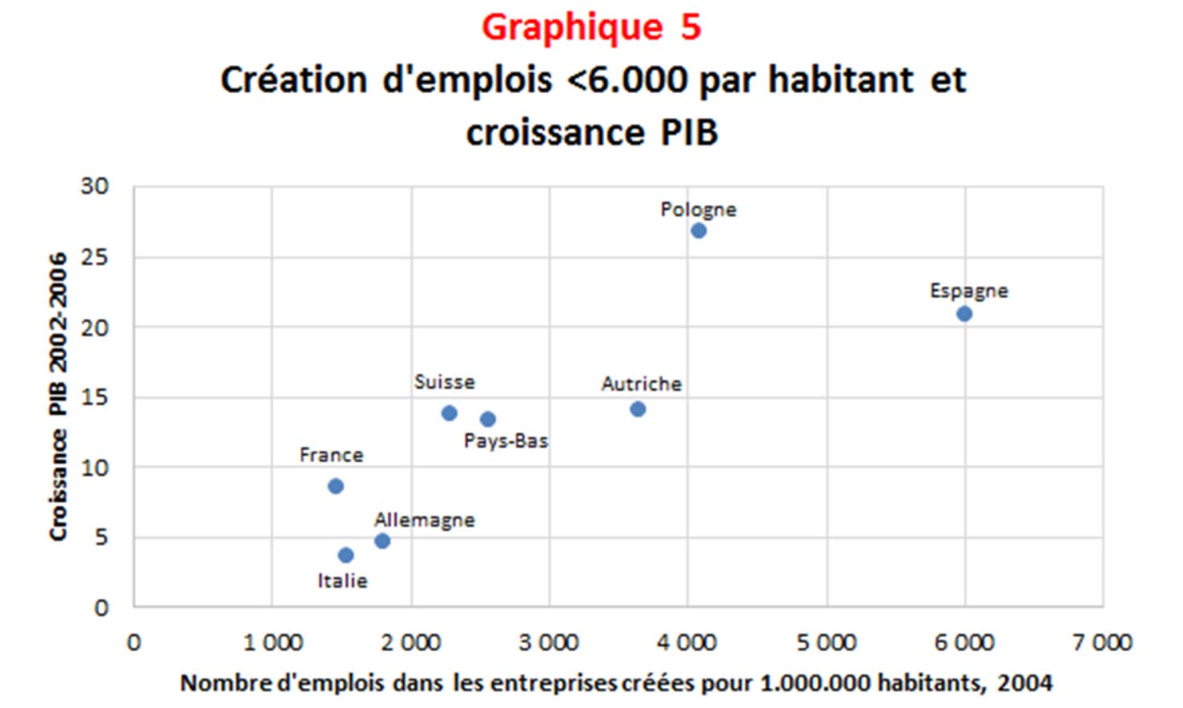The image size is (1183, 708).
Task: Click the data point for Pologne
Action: click(698, 231)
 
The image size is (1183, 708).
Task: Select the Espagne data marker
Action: click(964, 314)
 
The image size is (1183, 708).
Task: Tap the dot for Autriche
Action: click(637, 409)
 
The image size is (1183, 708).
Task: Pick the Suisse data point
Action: click(449, 413)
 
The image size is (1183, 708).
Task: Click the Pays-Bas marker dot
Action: click(487, 419)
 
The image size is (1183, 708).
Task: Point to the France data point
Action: click(335, 486)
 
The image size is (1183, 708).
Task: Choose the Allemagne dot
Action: click(382, 541)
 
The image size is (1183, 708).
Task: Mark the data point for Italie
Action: click(346, 555)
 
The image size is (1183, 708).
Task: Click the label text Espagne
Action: click(969, 291)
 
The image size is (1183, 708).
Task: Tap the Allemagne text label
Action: click(425, 520)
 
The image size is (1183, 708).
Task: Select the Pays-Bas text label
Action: click(506, 441)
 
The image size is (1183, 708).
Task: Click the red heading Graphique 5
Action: click(591, 27)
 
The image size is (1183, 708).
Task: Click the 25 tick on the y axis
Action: click(94, 258)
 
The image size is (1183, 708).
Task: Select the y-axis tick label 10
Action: click(94, 467)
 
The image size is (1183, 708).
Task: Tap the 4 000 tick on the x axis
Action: click(687, 643)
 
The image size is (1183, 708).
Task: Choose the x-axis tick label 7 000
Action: click(1103, 643)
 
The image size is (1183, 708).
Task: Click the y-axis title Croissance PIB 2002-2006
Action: click(58, 397)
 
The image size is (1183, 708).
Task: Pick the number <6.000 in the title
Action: click(627, 80)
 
